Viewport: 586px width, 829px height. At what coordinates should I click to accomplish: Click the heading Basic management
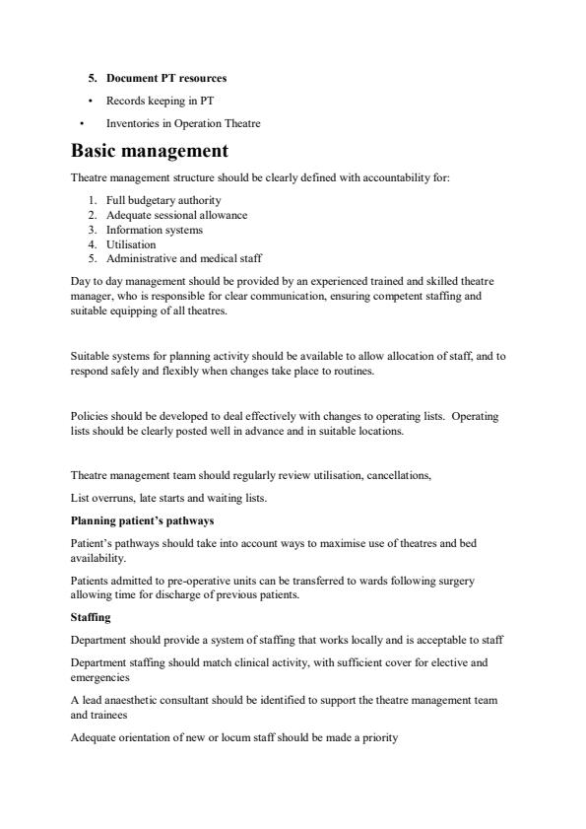click(149, 151)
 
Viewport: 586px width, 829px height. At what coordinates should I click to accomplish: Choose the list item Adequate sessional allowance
click(176, 215)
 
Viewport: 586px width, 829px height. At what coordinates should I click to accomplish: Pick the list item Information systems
click(155, 230)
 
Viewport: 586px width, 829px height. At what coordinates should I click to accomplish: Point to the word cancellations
click(398, 475)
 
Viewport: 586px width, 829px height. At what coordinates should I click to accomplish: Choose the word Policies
click(90, 416)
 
